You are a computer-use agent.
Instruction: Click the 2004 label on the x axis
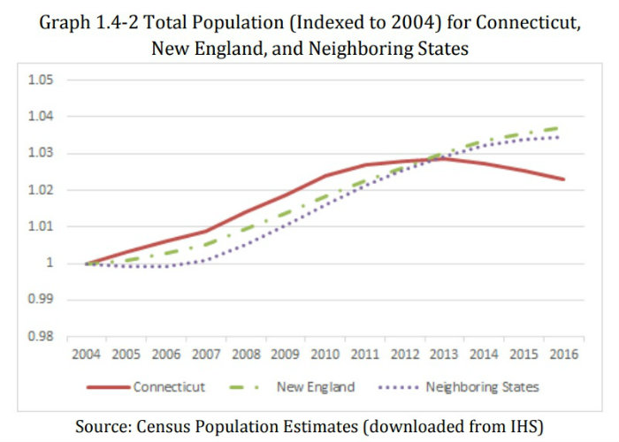tap(87, 355)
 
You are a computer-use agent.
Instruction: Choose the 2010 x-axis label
tap(325, 355)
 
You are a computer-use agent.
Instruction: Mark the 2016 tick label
tap(563, 355)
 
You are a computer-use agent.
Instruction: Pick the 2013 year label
tap(445, 355)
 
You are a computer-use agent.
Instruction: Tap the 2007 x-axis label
tap(206, 355)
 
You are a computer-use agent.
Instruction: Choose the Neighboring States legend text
tap(481, 387)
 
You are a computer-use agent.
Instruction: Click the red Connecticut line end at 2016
tap(563, 179)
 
